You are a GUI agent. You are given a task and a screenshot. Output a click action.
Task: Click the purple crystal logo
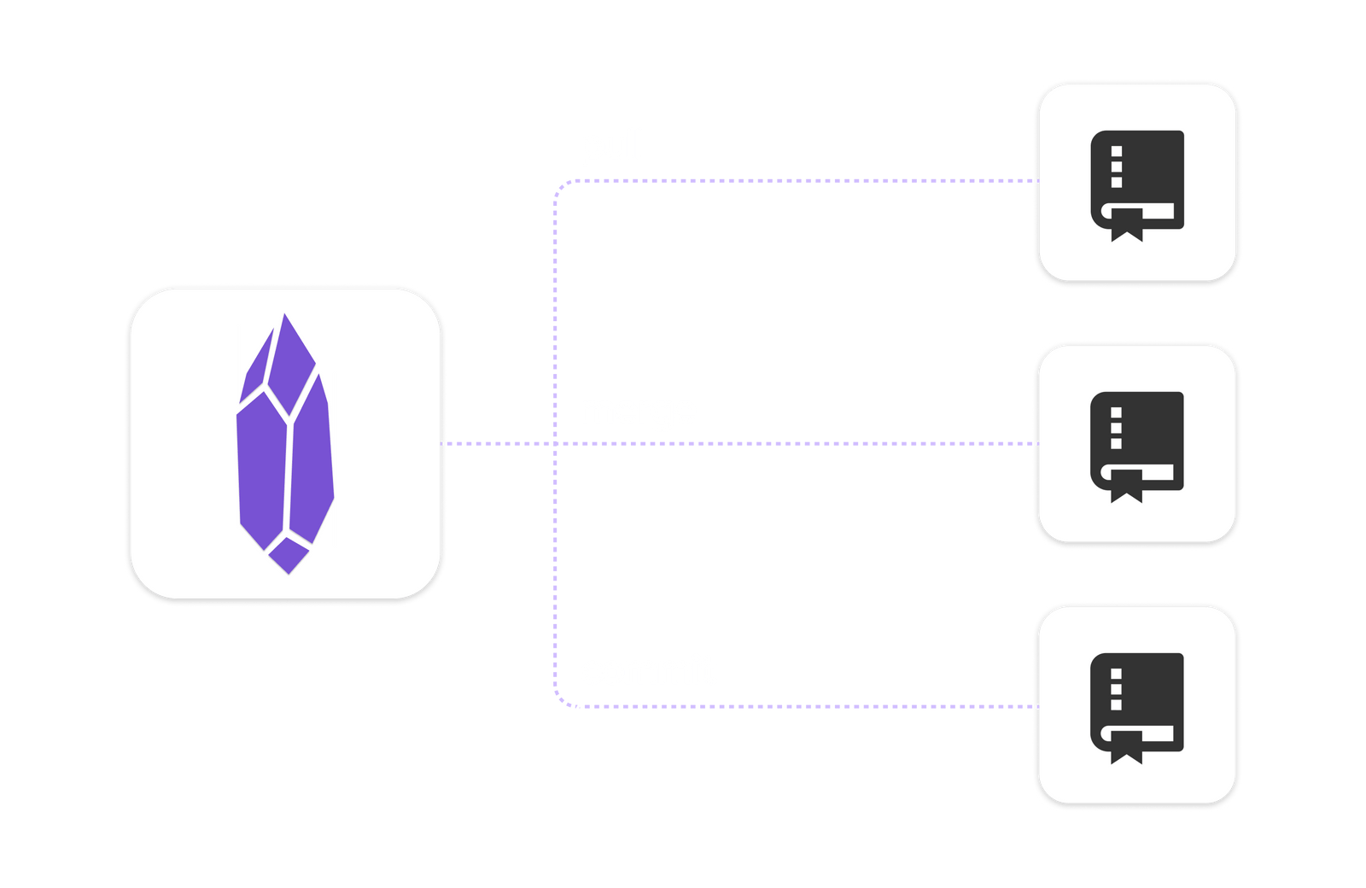[284, 444]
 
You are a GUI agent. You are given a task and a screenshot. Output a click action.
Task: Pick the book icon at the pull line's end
[1137, 184]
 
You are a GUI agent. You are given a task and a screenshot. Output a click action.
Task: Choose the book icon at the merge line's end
[1137, 445]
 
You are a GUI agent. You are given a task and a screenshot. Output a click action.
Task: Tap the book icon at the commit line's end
[1137, 706]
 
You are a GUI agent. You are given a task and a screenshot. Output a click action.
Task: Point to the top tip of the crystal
[284, 316]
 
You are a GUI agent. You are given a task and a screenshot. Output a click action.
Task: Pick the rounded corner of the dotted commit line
[561, 700]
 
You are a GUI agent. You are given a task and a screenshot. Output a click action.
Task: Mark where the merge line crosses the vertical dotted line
[555, 443]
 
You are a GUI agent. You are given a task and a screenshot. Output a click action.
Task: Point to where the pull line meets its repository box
[1036, 181]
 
